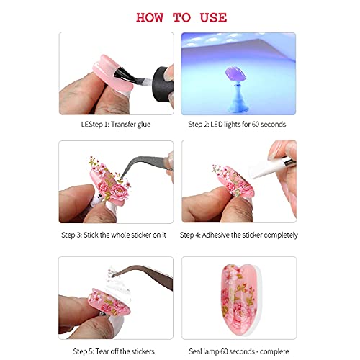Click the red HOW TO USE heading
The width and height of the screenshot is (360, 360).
tap(179, 16)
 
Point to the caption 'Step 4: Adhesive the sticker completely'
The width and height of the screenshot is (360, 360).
tap(237, 235)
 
